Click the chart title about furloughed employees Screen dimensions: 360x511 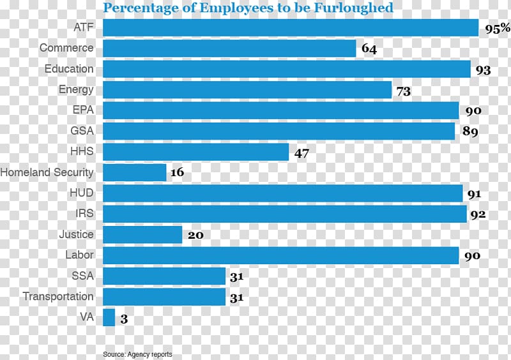coord(248,8)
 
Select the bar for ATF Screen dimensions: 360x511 coord(291,27)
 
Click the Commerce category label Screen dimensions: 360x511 coord(66,48)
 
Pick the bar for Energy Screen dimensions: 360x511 coord(247,90)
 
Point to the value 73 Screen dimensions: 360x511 coord(403,91)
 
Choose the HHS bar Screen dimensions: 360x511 coord(195,152)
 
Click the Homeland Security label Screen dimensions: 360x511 coord(47,172)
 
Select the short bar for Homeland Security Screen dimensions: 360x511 coord(134,172)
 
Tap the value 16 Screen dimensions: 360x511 coord(178,173)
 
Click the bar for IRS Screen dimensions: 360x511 coord(285,214)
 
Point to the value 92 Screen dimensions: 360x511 coord(478,214)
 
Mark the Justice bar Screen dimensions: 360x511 coord(142,234)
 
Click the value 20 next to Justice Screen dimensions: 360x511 coord(195,235)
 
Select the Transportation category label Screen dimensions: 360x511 coord(58,297)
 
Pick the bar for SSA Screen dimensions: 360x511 coord(164,276)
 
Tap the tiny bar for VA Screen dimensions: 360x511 coord(109,317)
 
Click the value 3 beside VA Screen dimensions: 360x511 coord(124,318)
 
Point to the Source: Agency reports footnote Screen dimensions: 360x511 coord(137,354)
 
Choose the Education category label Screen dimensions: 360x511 coord(69,69)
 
